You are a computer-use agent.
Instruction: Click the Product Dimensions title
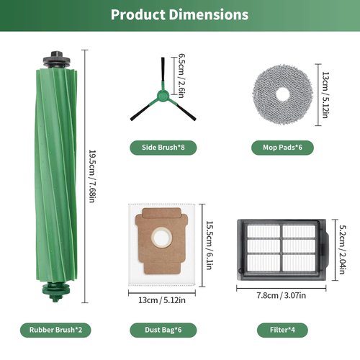tap(179, 14)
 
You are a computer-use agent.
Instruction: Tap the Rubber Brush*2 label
tap(55, 330)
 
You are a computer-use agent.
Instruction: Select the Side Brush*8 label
tap(163, 148)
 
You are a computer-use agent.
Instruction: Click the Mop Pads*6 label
tap(282, 148)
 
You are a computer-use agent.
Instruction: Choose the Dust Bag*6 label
tap(163, 330)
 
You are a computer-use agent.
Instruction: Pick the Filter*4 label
tap(282, 330)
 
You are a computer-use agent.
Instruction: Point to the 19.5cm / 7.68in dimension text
tap(92, 176)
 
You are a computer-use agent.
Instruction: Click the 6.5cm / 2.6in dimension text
tap(181, 76)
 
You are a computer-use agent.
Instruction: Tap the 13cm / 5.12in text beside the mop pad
tap(325, 95)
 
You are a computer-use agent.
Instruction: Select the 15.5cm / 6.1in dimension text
tap(210, 246)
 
